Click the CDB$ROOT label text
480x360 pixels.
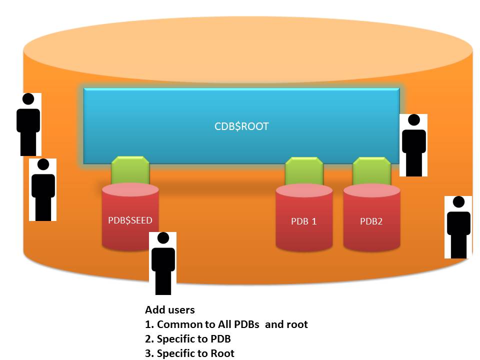click(x=241, y=126)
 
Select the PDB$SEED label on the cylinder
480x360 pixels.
click(x=130, y=220)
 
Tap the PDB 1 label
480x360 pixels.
click(x=304, y=221)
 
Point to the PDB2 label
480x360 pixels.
click(x=371, y=221)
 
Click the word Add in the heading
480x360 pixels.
click(x=155, y=310)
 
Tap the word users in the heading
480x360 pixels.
click(x=181, y=310)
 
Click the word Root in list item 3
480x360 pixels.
click(x=222, y=353)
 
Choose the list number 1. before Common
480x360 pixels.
click(x=149, y=324)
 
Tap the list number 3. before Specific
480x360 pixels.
click(x=149, y=353)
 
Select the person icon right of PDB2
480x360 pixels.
click(x=458, y=227)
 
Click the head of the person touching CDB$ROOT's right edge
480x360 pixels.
click(x=413, y=121)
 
